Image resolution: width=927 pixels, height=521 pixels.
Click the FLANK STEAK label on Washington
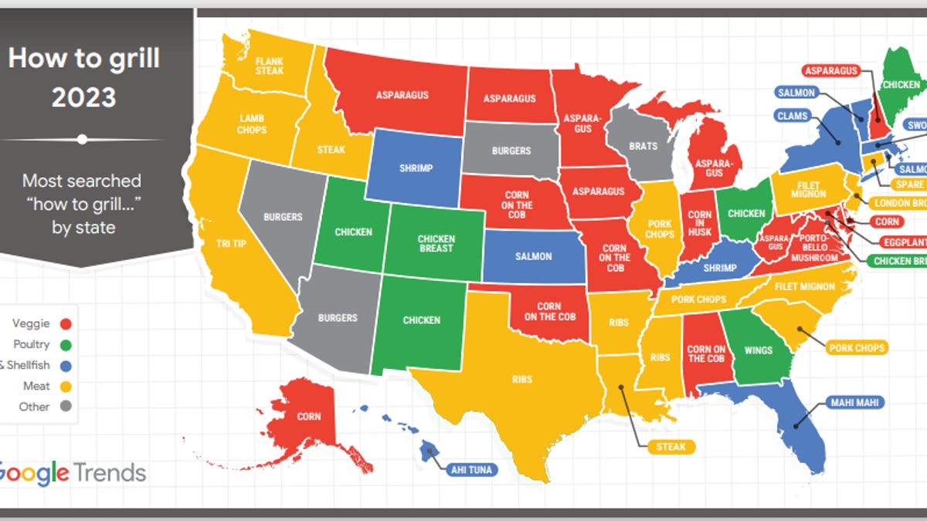point(270,66)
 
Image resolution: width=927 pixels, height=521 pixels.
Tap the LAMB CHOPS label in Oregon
point(252,123)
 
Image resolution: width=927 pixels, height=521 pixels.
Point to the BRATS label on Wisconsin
point(643,146)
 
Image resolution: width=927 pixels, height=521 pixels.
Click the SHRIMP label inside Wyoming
point(416,168)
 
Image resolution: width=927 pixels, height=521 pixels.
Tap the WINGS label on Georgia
point(758,350)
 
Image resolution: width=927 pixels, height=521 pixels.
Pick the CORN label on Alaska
point(308,417)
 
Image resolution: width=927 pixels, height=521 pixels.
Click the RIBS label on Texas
point(522,380)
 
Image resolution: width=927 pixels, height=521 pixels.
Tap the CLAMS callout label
point(793,117)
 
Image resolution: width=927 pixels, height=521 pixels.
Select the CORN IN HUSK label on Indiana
point(700,225)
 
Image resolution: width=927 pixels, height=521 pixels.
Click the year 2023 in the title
point(83,97)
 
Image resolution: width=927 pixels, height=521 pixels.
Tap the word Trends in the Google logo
point(110,472)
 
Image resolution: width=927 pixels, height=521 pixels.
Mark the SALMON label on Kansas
point(533,256)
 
